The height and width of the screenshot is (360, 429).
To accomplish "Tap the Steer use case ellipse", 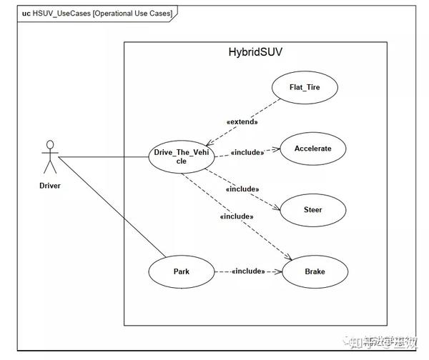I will [x=312, y=210].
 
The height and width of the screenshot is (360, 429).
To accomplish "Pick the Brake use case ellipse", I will [x=315, y=271].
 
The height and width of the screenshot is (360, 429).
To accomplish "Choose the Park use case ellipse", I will [x=181, y=271].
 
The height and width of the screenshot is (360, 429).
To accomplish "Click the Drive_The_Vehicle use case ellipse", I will [x=181, y=156].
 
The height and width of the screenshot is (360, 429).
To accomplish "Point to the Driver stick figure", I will [x=49, y=157].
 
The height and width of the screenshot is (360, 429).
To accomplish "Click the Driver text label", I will [x=49, y=186].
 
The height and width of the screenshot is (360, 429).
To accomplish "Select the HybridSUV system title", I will [x=255, y=53].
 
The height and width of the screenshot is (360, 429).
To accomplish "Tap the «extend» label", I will [x=242, y=121].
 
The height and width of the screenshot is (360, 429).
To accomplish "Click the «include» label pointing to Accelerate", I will [x=247, y=152].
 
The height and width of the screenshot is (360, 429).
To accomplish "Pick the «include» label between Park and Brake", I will [x=248, y=271].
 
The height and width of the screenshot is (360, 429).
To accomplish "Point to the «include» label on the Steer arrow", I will [x=242, y=189].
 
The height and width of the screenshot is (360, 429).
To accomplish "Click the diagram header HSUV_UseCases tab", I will [x=93, y=14].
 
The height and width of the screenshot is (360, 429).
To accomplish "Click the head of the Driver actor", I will [x=49, y=145].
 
